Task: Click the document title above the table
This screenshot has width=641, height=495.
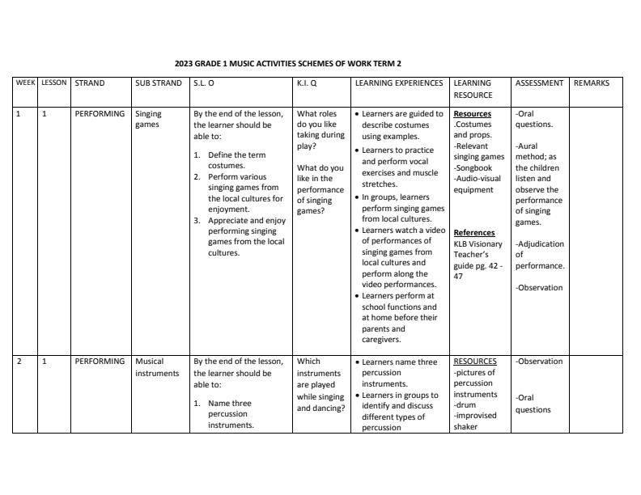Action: pos(287,63)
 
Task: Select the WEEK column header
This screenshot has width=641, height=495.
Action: pos(25,82)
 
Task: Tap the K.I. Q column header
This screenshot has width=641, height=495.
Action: pos(307,82)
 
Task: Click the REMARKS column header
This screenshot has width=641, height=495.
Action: pos(592,82)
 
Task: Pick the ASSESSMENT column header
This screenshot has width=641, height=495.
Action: pos(539,82)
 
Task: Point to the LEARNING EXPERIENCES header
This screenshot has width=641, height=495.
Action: pos(399,82)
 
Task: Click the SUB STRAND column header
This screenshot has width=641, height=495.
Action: pos(159,82)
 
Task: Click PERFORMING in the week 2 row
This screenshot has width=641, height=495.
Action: pos(100,362)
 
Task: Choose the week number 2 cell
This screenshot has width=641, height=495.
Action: pos(19,362)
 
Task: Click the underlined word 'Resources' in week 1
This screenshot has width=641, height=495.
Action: pos(472,114)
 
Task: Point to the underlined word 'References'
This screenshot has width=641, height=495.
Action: pos(473,232)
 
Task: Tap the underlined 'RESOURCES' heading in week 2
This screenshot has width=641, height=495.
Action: pos(475,362)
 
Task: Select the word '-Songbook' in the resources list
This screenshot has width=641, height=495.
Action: pos(473,167)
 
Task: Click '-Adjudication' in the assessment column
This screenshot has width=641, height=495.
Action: pos(540,243)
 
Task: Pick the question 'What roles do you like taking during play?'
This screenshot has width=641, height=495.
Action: pos(320,130)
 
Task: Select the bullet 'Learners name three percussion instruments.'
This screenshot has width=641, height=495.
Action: pos(400,373)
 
